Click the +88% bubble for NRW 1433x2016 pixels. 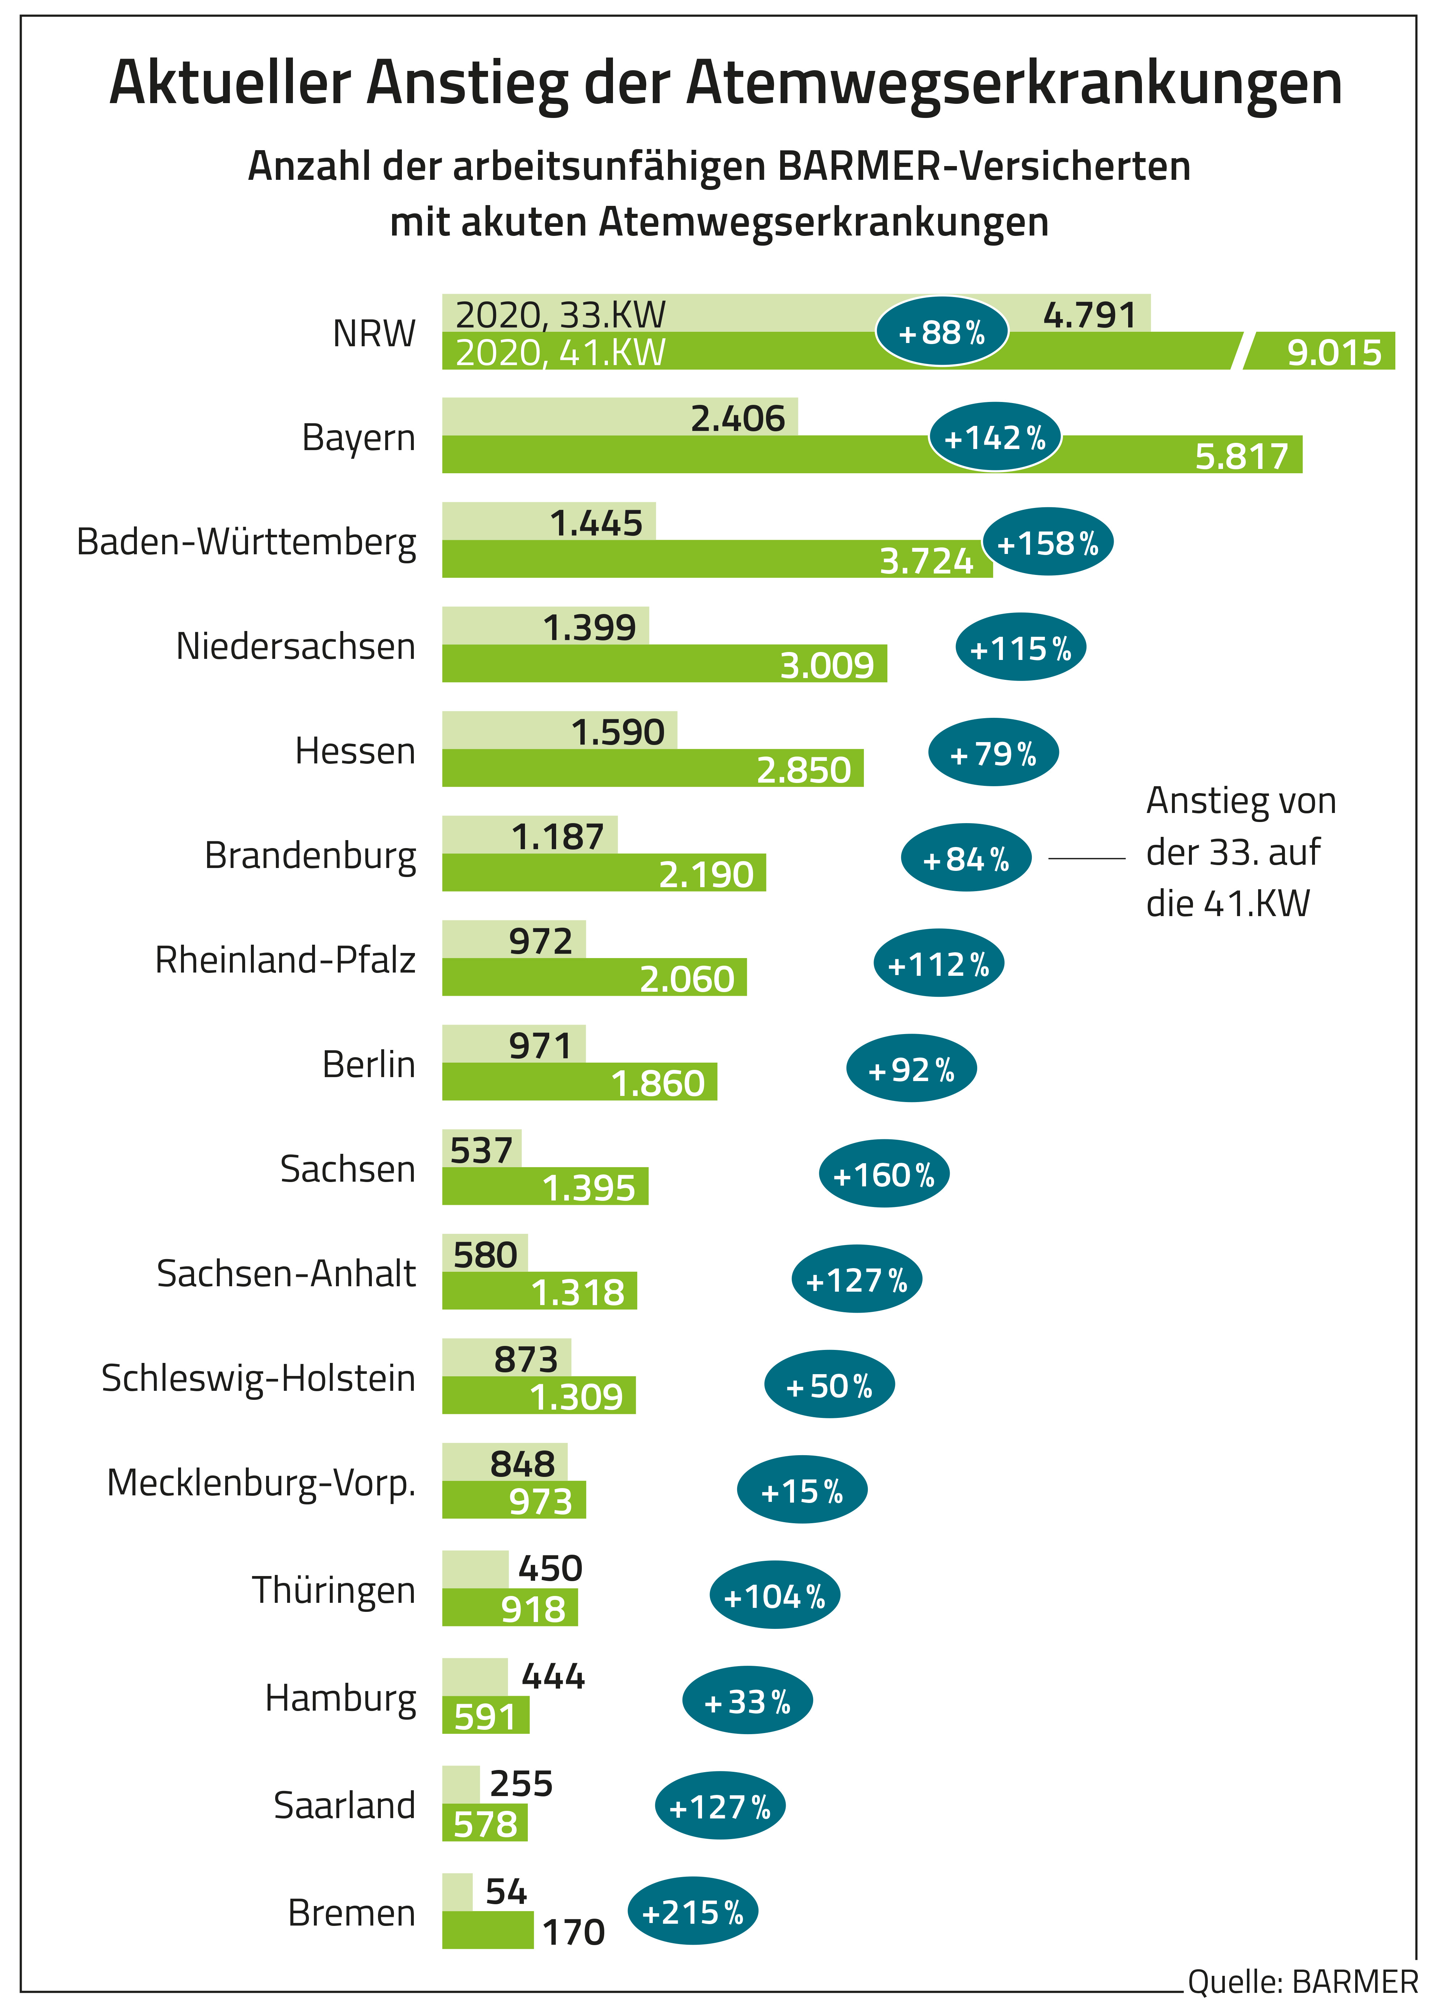[x=941, y=333]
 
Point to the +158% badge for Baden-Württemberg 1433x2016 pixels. [x=1047, y=542]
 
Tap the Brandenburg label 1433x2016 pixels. [x=310, y=855]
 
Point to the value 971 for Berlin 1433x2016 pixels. [x=540, y=1046]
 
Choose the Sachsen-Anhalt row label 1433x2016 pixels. [x=286, y=1274]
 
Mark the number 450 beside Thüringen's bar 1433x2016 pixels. [x=550, y=1569]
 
